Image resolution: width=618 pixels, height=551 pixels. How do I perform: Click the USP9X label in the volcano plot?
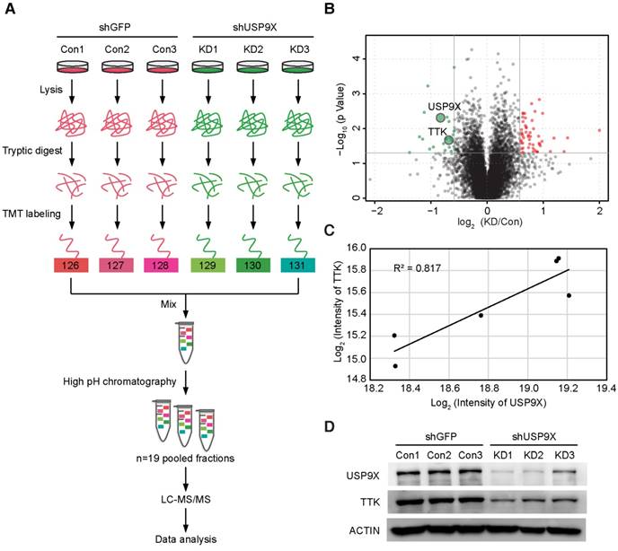tap(445, 106)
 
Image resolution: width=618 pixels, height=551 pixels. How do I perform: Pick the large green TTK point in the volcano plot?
tap(449, 140)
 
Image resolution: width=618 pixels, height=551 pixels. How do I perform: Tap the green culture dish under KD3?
tap(299, 67)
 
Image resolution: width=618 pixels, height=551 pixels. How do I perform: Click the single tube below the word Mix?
tap(185, 342)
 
